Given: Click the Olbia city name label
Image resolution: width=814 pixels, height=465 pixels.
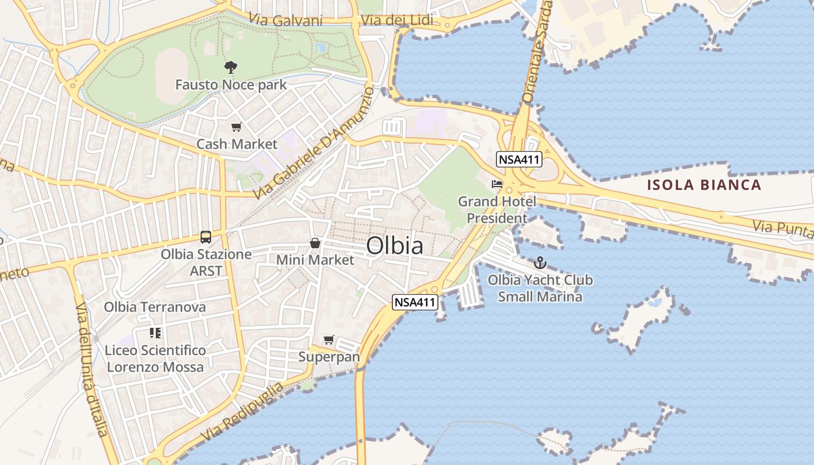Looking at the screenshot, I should click(395, 246).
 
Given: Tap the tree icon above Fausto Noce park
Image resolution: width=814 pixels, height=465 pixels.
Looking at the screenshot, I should click(231, 67).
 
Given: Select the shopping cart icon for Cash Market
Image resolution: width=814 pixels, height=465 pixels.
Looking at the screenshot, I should click(237, 127).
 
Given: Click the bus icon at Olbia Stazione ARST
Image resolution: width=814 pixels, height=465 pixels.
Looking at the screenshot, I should click(206, 237).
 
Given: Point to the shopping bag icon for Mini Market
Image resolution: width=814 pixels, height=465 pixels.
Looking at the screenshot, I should click(315, 243).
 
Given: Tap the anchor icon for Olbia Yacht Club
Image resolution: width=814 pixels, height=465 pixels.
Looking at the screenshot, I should click(540, 263).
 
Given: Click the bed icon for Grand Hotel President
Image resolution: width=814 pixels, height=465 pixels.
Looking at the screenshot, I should click(497, 184).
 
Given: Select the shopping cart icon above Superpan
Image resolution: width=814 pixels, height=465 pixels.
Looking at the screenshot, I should click(329, 339).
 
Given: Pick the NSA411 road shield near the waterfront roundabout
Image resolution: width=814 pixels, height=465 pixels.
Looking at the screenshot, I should click(415, 302).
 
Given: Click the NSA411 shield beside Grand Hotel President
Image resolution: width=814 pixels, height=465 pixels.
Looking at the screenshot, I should click(519, 159).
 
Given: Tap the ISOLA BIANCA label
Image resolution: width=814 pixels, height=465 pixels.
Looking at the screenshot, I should click(705, 185).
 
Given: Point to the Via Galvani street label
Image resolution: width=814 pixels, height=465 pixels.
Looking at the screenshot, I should click(285, 20).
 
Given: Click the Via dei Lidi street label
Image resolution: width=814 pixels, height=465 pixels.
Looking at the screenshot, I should click(397, 20).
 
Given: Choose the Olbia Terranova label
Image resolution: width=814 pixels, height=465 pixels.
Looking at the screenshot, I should click(155, 307).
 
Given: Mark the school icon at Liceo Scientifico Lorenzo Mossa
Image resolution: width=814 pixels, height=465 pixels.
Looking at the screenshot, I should click(155, 333).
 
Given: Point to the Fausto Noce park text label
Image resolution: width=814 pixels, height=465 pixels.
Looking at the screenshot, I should click(231, 85).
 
